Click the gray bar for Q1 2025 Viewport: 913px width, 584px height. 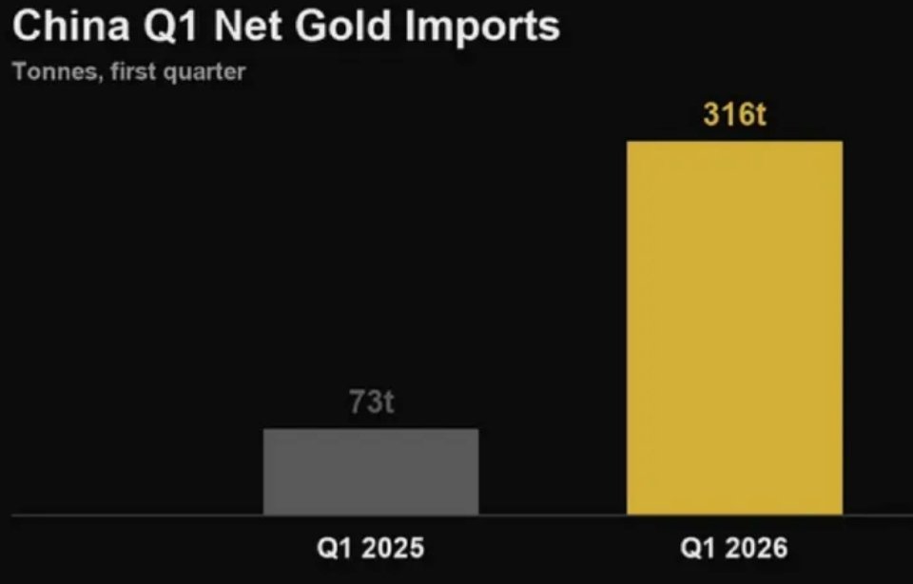click(x=371, y=472)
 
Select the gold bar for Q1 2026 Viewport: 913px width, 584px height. click(x=735, y=328)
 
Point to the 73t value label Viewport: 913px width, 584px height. click(x=372, y=402)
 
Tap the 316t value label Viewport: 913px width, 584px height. click(x=735, y=114)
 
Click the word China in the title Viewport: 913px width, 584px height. click(x=70, y=27)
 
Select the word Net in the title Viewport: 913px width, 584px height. click(x=247, y=27)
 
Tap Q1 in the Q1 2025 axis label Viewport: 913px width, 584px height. click(x=336, y=549)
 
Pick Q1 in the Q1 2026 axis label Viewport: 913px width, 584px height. click(x=699, y=549)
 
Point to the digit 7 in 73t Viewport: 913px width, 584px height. click(x=358, y=402)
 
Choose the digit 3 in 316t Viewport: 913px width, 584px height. click(x=712, y=114)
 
